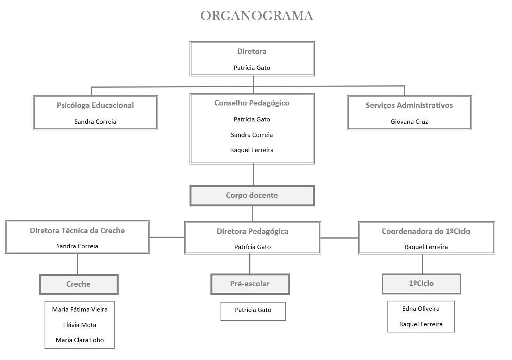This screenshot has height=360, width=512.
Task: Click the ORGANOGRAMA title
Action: pos(257,16)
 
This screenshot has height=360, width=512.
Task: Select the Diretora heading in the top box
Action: pos(252,51)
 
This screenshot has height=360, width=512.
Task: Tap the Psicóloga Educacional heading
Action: pos(95,105)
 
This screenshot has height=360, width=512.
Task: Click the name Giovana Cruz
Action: pos(409,121)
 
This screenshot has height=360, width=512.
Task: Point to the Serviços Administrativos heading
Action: pos(409,105)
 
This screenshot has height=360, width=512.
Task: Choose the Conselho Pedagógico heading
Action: pos(252,103)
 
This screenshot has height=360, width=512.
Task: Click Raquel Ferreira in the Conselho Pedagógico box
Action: pos(252,150)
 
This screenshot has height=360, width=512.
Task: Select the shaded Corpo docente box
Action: pos(252,196)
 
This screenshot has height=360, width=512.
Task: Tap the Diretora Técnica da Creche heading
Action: pos(77,230)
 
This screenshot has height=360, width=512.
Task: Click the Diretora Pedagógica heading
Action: pos(252,231)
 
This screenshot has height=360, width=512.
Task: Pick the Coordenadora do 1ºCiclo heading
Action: pos(426,231)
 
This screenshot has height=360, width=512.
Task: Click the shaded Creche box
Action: pos(79,284)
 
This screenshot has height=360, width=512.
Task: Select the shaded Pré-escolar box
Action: pos(250,284)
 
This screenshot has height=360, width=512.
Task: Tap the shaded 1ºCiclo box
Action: pos(421,284)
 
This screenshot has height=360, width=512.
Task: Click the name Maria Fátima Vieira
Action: pos(79,309)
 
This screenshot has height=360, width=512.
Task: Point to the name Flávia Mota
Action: pos(79,325)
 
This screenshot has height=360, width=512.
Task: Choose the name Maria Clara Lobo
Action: pos(79,340)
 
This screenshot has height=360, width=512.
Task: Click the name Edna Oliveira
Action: pos(421,308)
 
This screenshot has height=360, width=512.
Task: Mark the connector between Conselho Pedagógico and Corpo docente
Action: pos(253,175)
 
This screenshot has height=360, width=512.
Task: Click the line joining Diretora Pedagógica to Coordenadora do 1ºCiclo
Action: pos(340,238)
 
